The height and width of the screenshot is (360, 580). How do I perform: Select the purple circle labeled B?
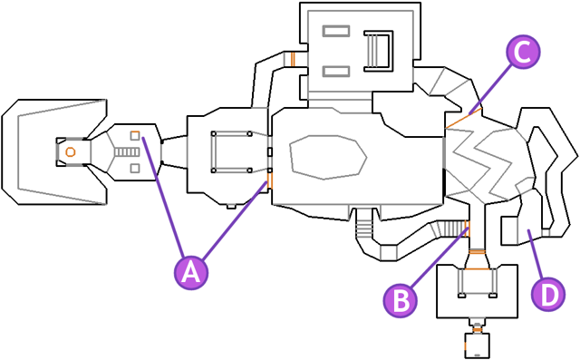(402, 298)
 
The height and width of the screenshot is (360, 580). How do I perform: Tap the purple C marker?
(521, 52)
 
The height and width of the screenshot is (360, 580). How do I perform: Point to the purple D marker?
(547, 293)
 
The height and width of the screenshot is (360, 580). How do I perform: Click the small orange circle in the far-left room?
(70, 151)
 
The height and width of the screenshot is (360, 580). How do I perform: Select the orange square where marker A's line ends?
(134, 135)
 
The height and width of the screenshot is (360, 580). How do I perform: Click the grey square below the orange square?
(134, 168)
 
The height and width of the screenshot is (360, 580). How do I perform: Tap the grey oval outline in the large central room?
(327, 157)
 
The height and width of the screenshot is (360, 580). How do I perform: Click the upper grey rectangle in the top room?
(336, 32)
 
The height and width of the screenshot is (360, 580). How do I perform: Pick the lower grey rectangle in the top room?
(336, 71)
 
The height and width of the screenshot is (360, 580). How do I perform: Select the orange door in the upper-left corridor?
(293, 60)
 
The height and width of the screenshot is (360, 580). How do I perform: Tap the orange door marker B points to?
(467, 226)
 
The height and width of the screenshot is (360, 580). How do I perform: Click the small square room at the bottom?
(475, 345)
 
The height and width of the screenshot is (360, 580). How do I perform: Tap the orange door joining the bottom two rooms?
(475, 323)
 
